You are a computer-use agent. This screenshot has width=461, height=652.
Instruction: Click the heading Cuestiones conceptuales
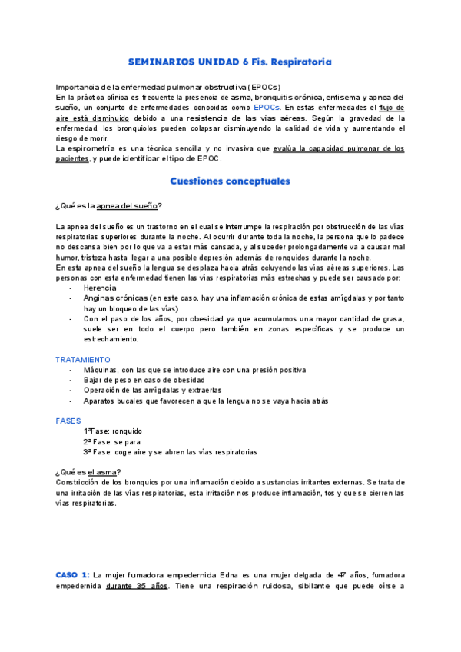click(x=230, y=181)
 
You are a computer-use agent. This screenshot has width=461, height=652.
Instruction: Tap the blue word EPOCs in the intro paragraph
click(x=267, y=108)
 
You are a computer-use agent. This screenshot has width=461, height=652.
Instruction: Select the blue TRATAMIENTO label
click(x=83, y=359)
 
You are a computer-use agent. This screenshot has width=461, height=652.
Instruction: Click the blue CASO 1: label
click(x=73, y=575)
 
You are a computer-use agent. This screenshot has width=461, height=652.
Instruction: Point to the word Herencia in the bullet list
click(x=101, y=288)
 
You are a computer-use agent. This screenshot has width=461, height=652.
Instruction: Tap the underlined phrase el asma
click(x=103, y=471)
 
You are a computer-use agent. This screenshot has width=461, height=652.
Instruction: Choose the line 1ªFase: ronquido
click(x=113, y=431)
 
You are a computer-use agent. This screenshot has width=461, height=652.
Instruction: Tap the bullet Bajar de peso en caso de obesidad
click(x=144, y=380)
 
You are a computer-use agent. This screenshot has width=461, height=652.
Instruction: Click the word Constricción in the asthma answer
click(x=78, y=482)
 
